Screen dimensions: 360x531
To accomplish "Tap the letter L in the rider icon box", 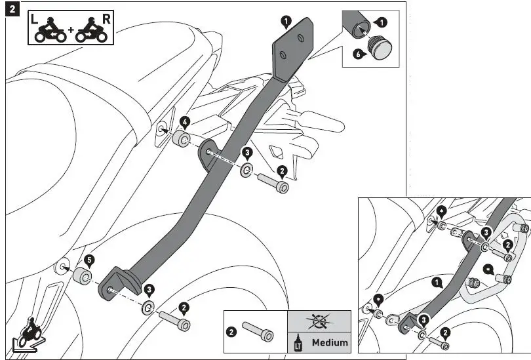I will [x=34, y=20].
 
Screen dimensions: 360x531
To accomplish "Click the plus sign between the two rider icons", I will [x=70, y=30].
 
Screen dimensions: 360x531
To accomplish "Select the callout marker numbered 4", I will [x=186, y=121].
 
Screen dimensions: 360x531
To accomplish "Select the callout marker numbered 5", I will [x=90, y=259].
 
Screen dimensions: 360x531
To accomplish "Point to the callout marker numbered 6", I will [x=359, y=54].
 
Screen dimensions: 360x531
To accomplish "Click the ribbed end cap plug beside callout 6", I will [x=380, y=47].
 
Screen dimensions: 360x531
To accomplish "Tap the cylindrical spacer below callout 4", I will [x=181, y=140].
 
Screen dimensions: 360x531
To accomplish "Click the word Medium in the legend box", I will [x=330, y=342].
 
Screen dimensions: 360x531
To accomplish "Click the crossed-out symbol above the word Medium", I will [x=319, y=321].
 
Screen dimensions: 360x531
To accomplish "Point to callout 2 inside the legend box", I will [x=231, y=332].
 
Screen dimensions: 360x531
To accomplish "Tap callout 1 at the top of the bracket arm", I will [x=285, y=22].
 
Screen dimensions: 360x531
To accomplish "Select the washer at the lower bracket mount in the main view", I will [x=149, y=308].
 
